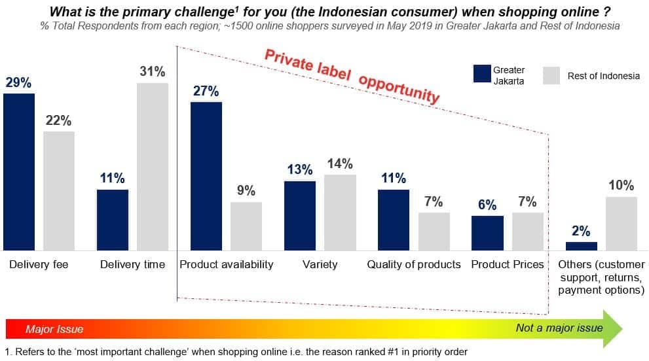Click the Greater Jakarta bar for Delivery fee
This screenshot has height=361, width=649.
pos(19,172)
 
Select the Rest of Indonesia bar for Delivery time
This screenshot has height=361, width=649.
pos(153,167)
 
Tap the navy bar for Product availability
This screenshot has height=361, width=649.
pos(206,176)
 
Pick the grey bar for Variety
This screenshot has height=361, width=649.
pos(341,213)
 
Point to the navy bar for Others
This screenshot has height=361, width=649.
pos(582,247)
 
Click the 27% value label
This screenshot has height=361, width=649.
pos(206,91)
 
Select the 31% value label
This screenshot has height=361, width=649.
pos(153,71)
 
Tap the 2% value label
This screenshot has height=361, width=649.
pos(581,231)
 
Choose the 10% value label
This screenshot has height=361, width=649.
pos(621,185)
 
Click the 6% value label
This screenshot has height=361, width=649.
pos(487,205)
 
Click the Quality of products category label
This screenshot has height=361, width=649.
pos(414,265)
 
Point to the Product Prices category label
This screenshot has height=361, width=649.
pos(508,265)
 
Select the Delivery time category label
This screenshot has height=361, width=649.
pos(132,265)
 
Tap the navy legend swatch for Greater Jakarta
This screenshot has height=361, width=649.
pos(482,74)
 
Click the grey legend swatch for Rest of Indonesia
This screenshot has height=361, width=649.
pos(551,76)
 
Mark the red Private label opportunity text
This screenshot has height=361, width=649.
pos(352,77)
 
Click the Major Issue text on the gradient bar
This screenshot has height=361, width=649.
pos(54,329)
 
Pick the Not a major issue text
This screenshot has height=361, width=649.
pos(559,328)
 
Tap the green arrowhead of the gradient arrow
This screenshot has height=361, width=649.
pos(612,329)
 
